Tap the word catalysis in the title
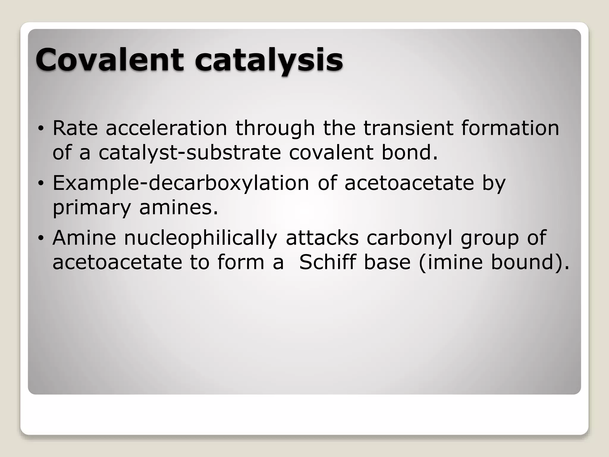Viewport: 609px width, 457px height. click(x=269, y=61)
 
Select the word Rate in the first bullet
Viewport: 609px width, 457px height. click(x=75, y=128)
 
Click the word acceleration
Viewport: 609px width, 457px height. click(x=166, y=128)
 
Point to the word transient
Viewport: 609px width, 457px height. click(x=408, y=128)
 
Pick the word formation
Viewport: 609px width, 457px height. click(x=510, y=128)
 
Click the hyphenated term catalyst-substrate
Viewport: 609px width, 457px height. click(x=189, y=153)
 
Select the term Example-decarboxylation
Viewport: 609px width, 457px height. click(x=181, y=183)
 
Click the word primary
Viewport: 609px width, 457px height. click(x=92, y=208)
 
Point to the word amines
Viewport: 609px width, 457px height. click(x=178, y=207)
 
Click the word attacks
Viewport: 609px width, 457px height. click(x=322, y=238)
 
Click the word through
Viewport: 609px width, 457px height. click(x=275, y=129)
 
